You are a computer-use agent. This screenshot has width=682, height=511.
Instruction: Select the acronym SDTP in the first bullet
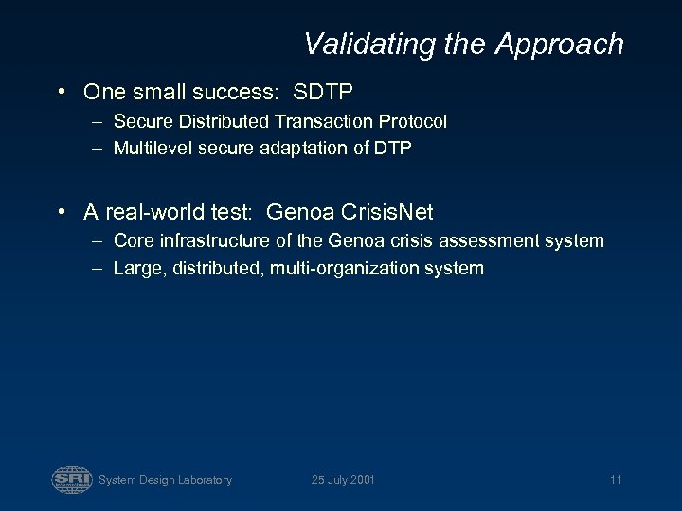[x=323, y=92]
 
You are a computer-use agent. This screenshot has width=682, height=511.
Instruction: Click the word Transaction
[x=324, y=121]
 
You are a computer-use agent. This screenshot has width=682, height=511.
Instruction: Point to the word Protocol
[x=412, y=121]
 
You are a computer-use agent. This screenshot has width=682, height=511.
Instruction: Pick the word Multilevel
[x=150, y=148]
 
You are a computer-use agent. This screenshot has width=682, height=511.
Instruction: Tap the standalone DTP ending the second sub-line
[x=392, y=148]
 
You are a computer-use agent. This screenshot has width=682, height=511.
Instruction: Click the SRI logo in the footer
[x=72, y=479]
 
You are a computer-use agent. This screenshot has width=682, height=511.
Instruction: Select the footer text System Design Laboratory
[x=165, y=480]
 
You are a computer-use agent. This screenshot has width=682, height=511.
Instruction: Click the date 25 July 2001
[x=343, y=480]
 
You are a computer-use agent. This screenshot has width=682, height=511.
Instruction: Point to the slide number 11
[x=616, y=480]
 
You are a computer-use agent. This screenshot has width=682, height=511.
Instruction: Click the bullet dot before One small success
[x=61, y=93]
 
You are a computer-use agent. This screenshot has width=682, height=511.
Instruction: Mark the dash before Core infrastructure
[x=99, y=241]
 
